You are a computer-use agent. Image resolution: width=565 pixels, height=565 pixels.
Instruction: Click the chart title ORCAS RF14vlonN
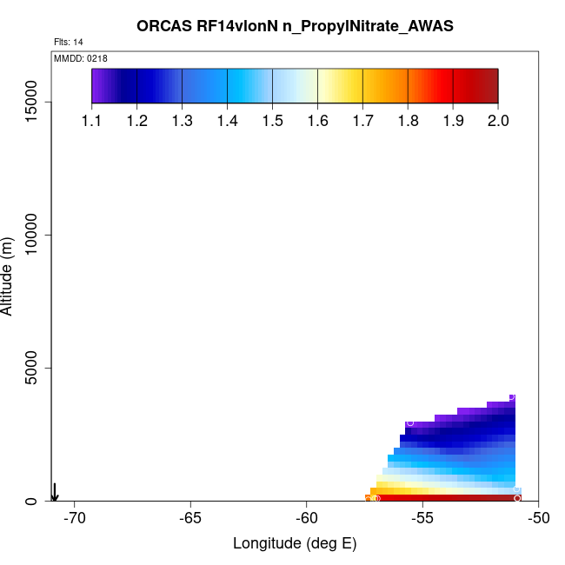click(x=295, y=26)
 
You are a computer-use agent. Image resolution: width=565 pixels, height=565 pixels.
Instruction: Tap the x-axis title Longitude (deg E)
click(x=295, y=543)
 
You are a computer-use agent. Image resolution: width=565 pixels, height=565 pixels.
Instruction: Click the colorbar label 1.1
click(x=92, y=121)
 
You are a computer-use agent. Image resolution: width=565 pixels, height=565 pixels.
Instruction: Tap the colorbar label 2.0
click(x=497, y=121)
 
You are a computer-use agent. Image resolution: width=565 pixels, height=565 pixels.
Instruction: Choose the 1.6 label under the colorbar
click(x=317, y=121)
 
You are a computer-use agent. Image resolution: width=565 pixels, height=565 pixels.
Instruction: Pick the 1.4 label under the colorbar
click(x=227, y=121)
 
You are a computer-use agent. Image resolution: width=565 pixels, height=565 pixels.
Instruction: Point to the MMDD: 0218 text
click(x=80, y=58)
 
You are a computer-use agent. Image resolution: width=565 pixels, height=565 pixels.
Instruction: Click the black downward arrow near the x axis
click(x=54, y=492)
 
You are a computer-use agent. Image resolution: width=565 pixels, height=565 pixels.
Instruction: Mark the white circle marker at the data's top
click(x=511, y=396)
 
